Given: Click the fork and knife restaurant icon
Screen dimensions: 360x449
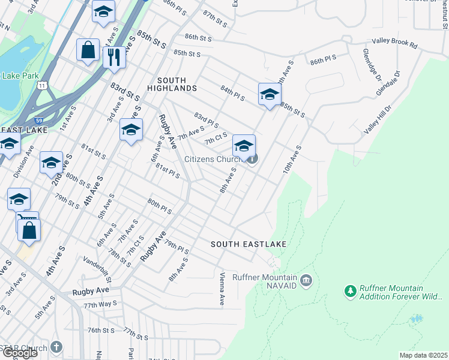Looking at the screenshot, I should click(113, 58).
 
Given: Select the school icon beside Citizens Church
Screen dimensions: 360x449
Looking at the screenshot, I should click(244, 146).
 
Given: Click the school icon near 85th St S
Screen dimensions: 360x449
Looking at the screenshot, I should click(270, 94).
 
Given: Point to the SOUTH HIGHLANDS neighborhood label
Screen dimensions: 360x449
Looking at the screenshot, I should click(176, 84).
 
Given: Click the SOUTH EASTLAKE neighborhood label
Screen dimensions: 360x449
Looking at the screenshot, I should click(248, 244).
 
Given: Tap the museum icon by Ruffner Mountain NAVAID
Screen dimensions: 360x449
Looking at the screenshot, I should click(306, 280).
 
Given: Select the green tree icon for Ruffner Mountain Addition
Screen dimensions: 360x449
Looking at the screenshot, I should click(350, 292).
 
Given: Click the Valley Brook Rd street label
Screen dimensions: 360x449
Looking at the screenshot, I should click(394, 43).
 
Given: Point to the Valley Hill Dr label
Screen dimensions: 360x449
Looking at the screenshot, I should click(378, 120).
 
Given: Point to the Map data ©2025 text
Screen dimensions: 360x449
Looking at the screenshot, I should click(423, 355).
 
